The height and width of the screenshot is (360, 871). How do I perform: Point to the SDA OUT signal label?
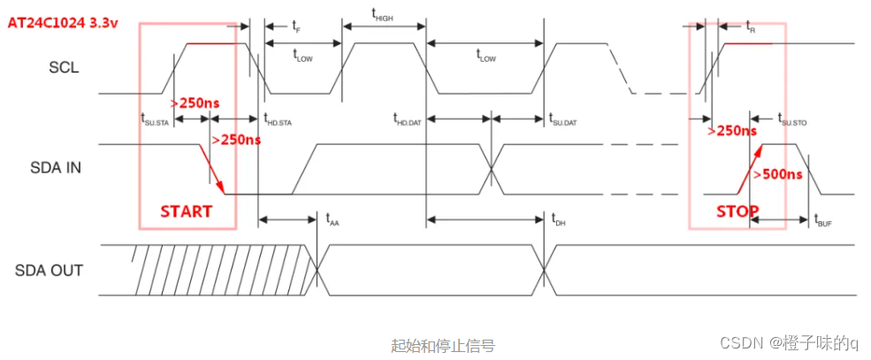[50, 270]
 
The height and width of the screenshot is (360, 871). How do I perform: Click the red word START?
[186, 211]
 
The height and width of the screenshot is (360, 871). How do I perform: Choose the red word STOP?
[737, 211]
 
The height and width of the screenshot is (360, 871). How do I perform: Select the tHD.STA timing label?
[278, 119]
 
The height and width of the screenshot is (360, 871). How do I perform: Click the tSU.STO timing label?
[792, 119]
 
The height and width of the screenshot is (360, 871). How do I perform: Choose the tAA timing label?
[332, 219]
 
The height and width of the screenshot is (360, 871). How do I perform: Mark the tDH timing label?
[558, 219]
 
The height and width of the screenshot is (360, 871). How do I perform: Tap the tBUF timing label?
[822, 220]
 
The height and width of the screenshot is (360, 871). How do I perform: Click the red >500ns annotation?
[777, 173]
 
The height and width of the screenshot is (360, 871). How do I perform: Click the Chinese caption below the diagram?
[442, 345]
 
